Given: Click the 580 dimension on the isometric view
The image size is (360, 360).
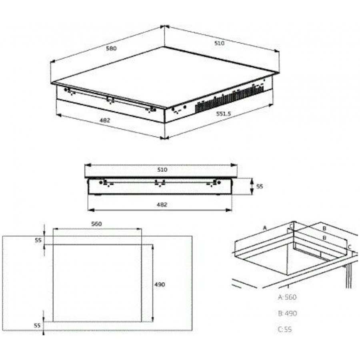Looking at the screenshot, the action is click(111, 48).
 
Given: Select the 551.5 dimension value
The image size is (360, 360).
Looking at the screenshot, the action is click(223, 114).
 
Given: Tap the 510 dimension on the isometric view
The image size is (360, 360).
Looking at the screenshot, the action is click(219, 43).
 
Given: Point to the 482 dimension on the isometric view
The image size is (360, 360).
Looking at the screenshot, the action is click(105, 120).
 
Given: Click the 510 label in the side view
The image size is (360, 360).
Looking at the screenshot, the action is click(162, 170).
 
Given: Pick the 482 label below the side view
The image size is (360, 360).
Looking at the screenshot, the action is click(162, 204).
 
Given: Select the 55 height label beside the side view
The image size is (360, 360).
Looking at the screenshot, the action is click(260, 186).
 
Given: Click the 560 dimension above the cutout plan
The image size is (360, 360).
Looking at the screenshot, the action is click(96, 224).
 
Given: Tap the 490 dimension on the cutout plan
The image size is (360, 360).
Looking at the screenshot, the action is click(160, 284).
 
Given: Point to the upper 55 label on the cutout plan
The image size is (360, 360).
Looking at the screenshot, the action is click(38, 240).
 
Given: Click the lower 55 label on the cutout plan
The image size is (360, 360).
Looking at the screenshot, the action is click(37, 325).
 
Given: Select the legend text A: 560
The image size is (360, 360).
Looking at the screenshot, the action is click(287, 297).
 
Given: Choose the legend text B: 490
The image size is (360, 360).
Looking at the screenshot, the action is click(288, 313).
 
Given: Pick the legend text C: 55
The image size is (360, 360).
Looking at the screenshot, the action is click(285, 329).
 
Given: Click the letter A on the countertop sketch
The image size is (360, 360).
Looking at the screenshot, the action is click(265, 228).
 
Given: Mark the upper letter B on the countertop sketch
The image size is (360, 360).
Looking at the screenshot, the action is click(324, 228).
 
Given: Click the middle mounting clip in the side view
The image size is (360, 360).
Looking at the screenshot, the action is click(160, 183).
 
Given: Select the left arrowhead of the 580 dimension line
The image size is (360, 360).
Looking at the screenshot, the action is click(53, 61).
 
